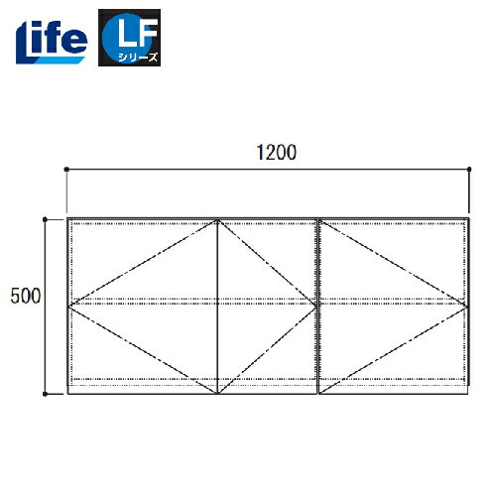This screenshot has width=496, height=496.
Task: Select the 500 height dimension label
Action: pos(24,297)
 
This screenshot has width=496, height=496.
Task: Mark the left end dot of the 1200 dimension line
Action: pos(66,170)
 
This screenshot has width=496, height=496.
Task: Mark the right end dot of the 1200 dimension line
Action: pos(469,170)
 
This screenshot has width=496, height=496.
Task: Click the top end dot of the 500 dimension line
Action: pos(45,217)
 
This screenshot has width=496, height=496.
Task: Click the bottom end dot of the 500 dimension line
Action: pos(45,394)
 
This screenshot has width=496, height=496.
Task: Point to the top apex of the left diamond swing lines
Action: pos(217,220)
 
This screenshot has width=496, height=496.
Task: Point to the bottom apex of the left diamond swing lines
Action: pos(217,392)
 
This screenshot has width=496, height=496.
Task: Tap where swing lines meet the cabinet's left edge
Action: pos(68,302)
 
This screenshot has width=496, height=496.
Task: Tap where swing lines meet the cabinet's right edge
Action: pos(467,302)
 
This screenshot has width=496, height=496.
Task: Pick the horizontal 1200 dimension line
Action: pos(198,170)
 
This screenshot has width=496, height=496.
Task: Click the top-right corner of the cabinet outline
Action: pos(468,218)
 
